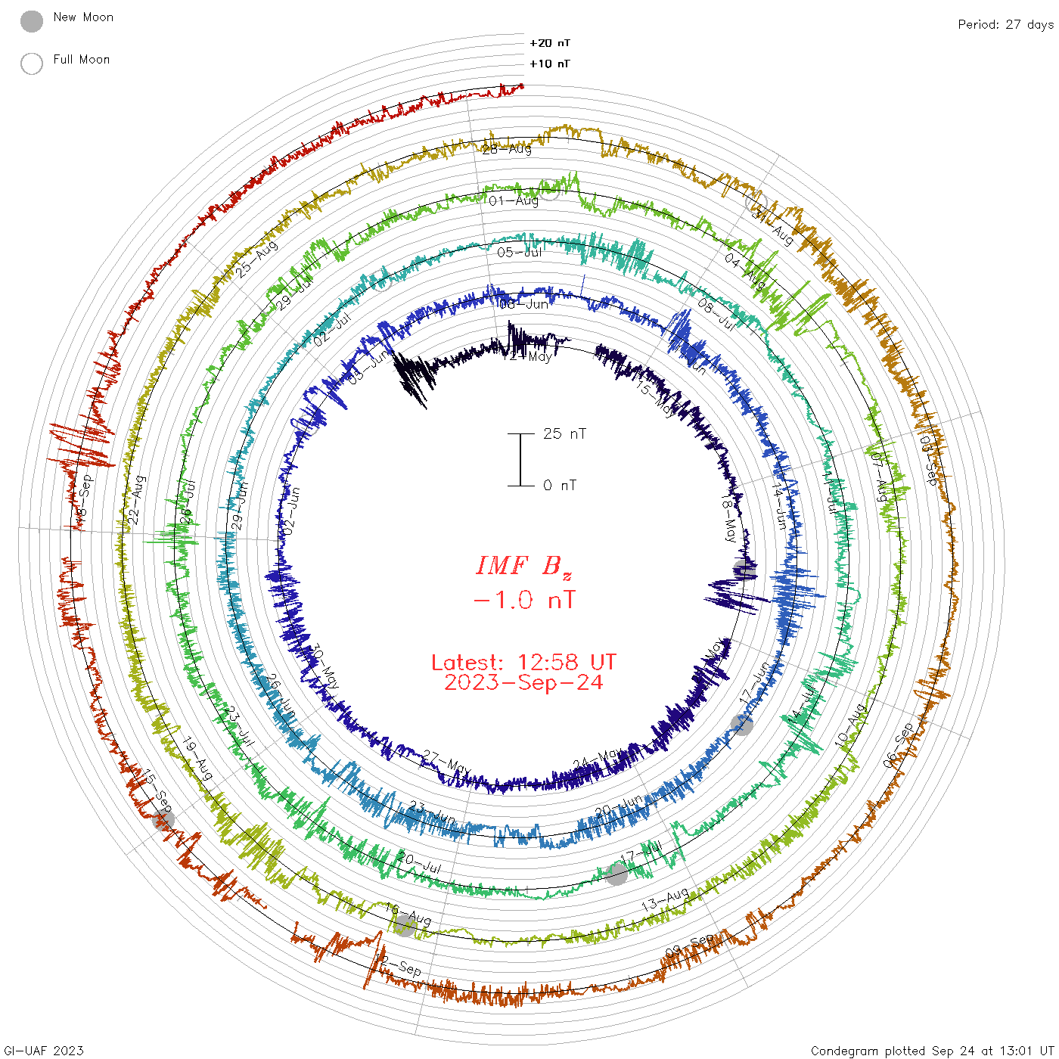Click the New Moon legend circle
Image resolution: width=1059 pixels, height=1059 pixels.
tap(32, 22)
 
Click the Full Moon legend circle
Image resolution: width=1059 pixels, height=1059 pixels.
tap(32, 64)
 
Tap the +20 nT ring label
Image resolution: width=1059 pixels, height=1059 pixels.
tap(549, 43)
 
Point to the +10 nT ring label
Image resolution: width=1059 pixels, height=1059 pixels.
tap(549, 64)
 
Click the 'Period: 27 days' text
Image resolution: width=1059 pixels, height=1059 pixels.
tap(1005, 24)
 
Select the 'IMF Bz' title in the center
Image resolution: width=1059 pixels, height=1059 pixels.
tap(523, 566)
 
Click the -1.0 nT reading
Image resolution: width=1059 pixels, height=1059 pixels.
tap(523, 601)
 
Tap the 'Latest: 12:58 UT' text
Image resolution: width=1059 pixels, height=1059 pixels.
tap(523, 663)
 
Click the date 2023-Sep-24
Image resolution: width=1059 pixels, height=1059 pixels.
tap(523, 682)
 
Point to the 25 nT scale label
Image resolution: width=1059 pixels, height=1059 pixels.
tap(564, 433)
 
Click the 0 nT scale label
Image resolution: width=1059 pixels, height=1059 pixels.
tap(560, 485)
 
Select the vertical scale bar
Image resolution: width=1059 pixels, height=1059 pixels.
tap(520, 459)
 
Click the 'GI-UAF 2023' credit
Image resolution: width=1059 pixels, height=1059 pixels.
tap(44, 1051)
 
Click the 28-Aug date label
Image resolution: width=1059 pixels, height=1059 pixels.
tap(507, 149)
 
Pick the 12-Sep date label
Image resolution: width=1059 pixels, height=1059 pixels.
tap(399, 965)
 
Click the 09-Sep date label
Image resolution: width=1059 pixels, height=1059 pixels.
tap(689, 945)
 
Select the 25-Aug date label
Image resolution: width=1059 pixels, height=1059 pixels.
tap(257, 259)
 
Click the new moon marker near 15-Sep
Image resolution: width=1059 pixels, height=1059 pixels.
tap(163, 819)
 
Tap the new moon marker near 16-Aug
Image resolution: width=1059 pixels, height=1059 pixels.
tap(405, 925)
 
